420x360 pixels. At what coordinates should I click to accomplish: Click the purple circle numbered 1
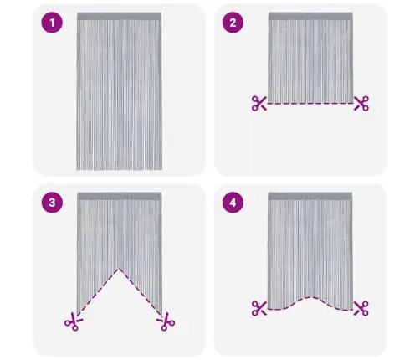(x=52, y=23)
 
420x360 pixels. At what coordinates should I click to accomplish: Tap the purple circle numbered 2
(x=233, y=23)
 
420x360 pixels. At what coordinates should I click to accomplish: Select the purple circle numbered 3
(x=52, y=203)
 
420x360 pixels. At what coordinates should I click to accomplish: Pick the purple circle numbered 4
(x=233, y=203)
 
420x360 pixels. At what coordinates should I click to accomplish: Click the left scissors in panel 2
(x=259, y=103)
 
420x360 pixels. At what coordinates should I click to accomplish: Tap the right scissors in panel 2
(x=361, y=103)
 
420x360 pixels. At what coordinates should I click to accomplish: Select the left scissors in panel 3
(x=74, y=321)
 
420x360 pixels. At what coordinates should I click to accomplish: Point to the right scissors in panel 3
(x=166, y=321)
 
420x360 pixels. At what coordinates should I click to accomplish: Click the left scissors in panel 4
(x=259, y=308)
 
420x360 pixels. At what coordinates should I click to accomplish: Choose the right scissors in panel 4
(x=361, y=308)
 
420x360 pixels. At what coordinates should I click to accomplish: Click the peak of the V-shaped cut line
(x=119, y=269)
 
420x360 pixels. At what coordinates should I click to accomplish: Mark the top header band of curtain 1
(x=120, y=16)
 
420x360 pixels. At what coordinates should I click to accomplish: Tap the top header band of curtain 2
(x=310, y=16)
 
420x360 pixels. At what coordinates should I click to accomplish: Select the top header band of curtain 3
(x=120, y=196)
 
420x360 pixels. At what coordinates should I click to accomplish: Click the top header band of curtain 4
(x=310, y=196)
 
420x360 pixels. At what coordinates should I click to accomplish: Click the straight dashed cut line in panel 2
(x=310, y=104)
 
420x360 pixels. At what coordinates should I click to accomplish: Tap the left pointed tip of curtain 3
(x=77, y=315)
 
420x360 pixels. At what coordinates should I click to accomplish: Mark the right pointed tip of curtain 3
(x=161, y=315)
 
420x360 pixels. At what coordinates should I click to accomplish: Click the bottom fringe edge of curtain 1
(x=120, y=168)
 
